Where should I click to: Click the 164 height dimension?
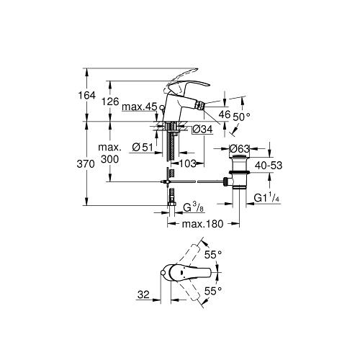tap(86, 95)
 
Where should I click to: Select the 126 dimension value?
tap(110, 102)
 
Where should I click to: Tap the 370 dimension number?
tap(86, 164)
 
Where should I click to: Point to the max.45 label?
tap(140, 107)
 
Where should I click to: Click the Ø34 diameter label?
tap(202, 130)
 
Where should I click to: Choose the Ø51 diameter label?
tap(143, 147)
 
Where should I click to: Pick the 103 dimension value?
tap(188, 163)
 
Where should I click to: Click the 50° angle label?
tap(241, 117)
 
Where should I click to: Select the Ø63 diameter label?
tap(240, 149)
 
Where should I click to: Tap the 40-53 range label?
tap(269, 166)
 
